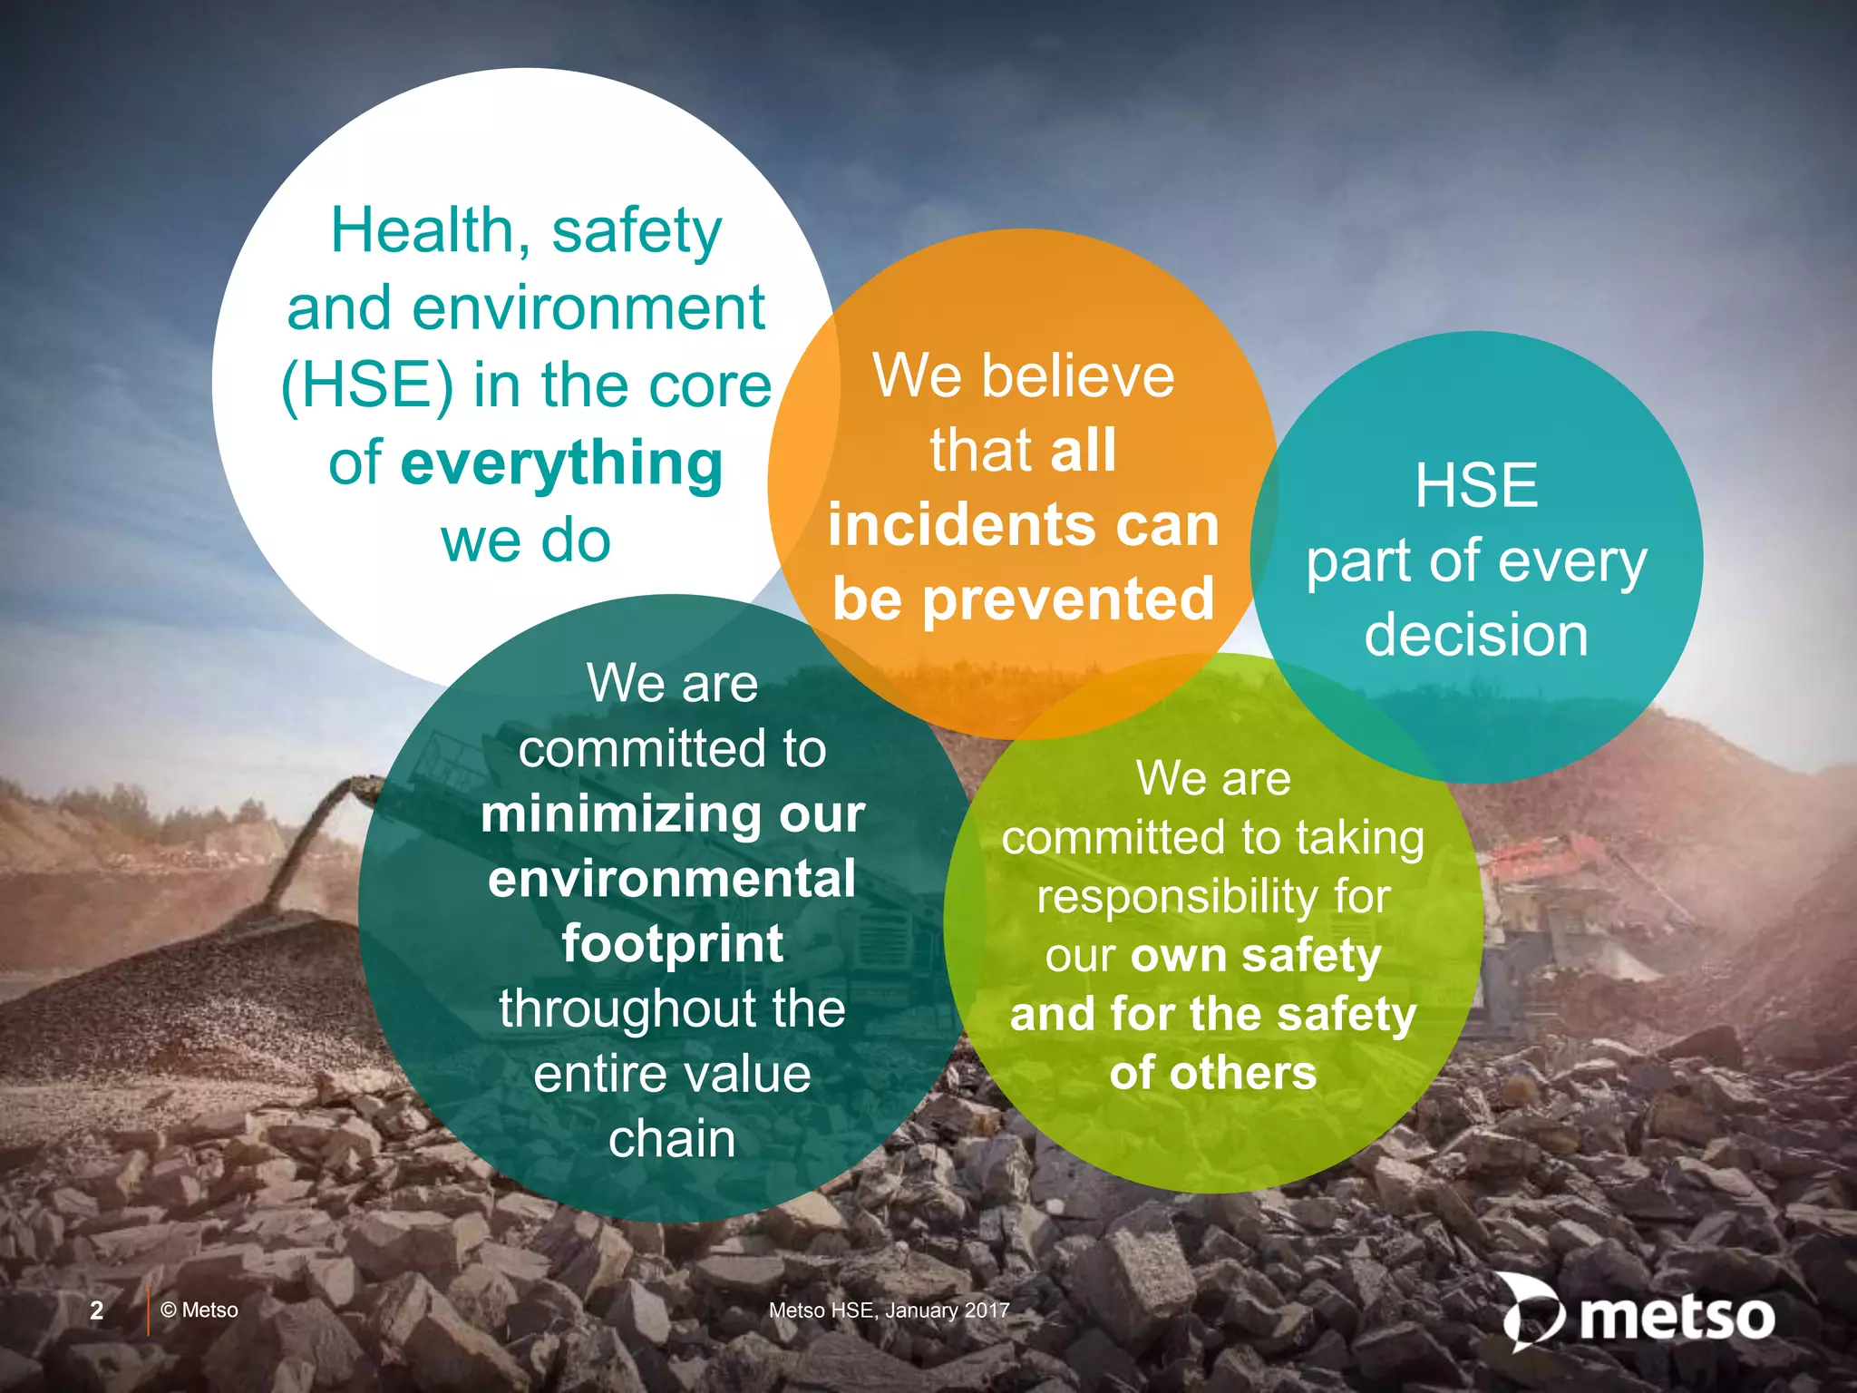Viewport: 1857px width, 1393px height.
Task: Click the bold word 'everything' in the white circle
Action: point(561,464)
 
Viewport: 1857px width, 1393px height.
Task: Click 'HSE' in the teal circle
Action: point(1476,485)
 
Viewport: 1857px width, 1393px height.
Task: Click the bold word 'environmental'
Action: point(672,879)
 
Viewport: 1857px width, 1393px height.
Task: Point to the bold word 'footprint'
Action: point(672,944)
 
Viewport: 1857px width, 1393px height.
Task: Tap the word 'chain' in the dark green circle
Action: point(672,1139)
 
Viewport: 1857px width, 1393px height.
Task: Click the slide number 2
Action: point(97,1310)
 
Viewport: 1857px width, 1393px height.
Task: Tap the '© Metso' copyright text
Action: point(199,1310)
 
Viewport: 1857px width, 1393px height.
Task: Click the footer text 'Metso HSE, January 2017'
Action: point(889,1310)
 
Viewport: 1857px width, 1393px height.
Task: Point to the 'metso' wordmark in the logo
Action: point(1677,1317)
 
